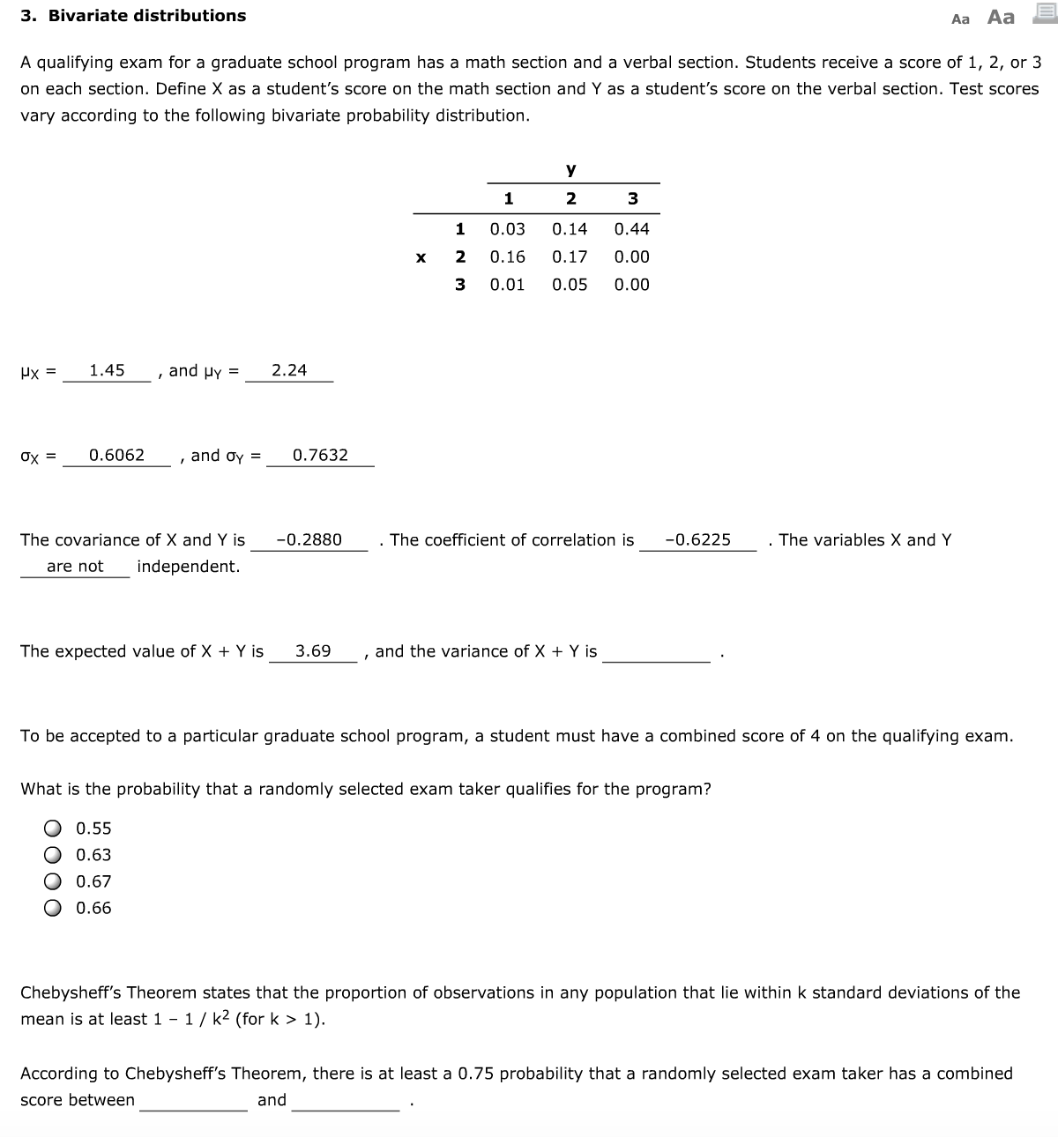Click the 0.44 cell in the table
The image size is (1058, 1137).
[631, 229]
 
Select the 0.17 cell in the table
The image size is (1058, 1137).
[570, 256]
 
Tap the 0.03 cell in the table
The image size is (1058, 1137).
[507, 229]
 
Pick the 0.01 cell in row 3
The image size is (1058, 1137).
[507, 285]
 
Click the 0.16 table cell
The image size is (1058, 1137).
[507, 256]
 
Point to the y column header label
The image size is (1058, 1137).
[570, 168]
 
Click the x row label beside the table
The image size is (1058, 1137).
[421, 257]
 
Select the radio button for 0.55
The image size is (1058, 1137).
[54, 829]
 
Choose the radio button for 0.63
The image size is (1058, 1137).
[54, 855]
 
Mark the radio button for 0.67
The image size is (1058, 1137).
[54, 881]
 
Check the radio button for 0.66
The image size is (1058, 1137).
[54, 908]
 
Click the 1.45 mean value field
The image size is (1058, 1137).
[107, 371]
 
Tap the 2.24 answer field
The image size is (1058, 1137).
[289, 371]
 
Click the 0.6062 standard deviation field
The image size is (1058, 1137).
[116, 456]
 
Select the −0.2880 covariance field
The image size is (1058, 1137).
[309, 540]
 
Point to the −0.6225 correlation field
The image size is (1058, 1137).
[697, 540]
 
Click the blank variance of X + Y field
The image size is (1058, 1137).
[656, 652]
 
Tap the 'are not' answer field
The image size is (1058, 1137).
[75, 567]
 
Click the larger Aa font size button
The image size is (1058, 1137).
[1001, 17]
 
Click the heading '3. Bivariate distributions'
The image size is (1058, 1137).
[134, 16]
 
